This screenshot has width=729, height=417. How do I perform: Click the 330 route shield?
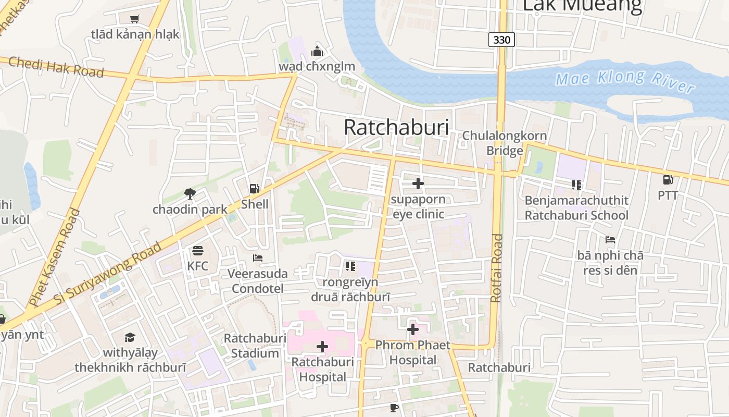click(x=501, y=39)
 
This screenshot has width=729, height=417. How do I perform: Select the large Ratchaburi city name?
click(x=396, y=127)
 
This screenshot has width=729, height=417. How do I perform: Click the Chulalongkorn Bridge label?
click(x=505, y=143)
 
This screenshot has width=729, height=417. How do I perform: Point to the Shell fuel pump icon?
click(x=254, y=189)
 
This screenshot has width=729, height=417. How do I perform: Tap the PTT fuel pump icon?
click(x=668, y=180)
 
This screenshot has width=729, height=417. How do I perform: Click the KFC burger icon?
click(x=197, y=251)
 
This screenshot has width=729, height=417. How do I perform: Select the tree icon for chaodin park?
click(x=190, y=194)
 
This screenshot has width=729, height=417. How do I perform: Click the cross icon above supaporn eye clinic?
click(x=418, y=183)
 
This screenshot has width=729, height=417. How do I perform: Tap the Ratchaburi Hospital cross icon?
click(x=322, y=346)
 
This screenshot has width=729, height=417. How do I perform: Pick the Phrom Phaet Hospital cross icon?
click(x=413, y=329)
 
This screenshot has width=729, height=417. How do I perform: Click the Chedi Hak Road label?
click(x=56, y=66)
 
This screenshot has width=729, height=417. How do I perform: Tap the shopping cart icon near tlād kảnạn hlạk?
click(x=135, y=19)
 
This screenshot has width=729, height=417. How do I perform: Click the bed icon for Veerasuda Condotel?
click(x=257, y=257)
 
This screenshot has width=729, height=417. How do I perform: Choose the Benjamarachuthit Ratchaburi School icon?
click(x=576, y=185)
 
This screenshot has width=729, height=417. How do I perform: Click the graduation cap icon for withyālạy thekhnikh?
click(x=130, y=337)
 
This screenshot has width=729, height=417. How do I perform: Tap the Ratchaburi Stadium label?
click(x=255, y=346)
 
